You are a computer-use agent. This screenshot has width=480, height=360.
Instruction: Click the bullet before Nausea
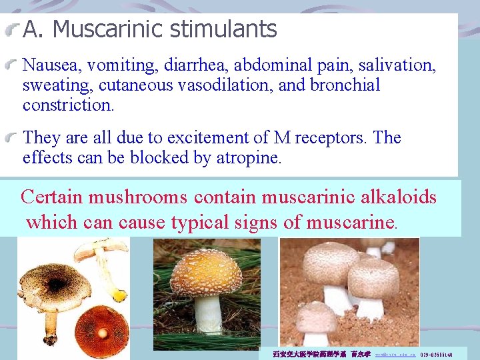[13, 65]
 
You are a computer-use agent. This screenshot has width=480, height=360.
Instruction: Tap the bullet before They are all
[13, 138]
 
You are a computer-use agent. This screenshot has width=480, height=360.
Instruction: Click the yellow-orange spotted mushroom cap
[206, 273]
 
